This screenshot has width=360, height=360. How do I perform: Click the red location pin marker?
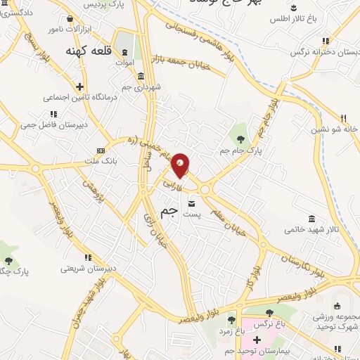pos(181,165)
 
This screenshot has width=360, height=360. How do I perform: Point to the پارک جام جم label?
pos(247,150)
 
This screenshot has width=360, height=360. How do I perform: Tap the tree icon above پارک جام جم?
pos(242,129)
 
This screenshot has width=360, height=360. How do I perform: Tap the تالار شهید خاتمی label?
pos(308,229)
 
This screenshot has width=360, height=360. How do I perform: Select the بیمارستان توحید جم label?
pos(257,351)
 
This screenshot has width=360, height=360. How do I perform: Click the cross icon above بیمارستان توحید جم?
pos(257,340)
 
